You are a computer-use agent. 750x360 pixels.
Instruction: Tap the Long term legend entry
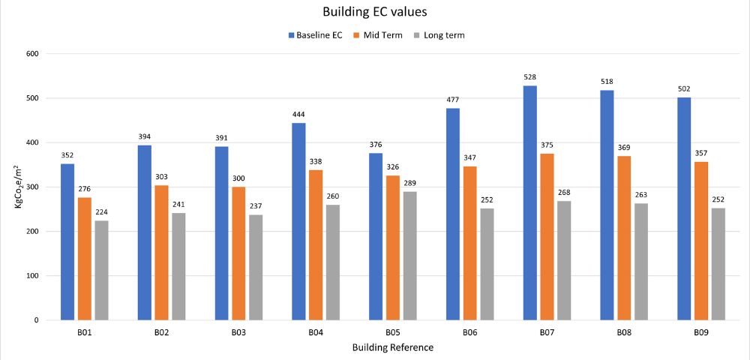[x=443, y=35]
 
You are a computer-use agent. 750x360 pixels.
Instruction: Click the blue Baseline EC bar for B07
[x=530, y=202]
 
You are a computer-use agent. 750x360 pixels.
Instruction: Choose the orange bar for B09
[x=702, y=241]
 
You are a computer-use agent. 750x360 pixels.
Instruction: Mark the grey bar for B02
[x=178, y=266]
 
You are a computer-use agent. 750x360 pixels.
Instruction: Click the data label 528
[x=530, y=77]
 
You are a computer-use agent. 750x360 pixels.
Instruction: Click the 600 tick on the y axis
[x=32, y=54]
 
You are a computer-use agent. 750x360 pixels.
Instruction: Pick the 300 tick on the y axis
[x=32, y=187]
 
